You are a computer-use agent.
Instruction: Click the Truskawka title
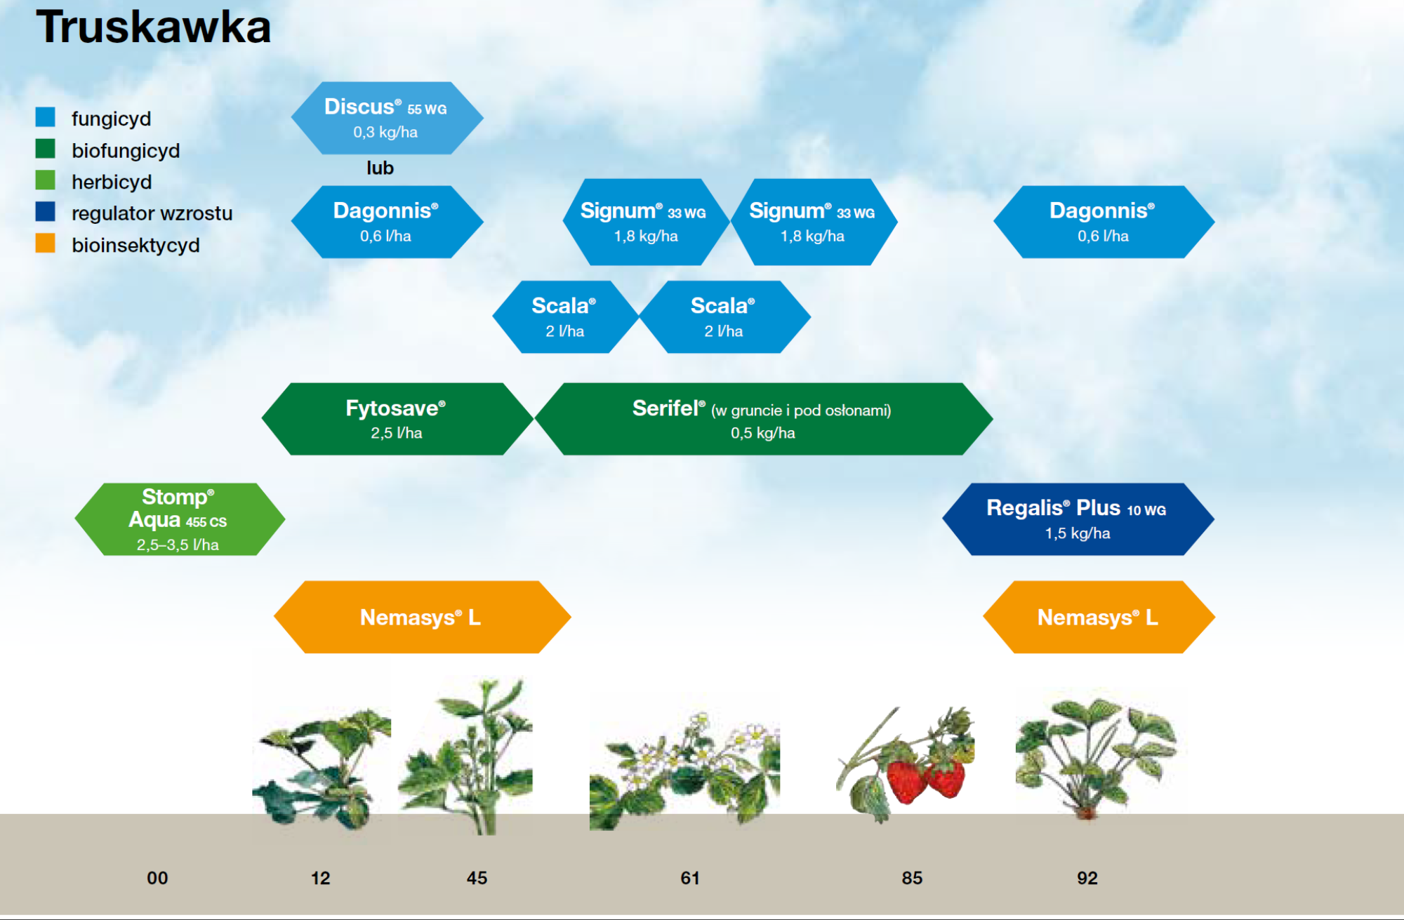click(x=153, y=27)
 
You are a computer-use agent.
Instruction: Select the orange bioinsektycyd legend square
click(x=46, y=243)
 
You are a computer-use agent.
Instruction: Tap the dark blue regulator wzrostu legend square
click(x=46, y=211)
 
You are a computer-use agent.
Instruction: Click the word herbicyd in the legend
click(x=112, y=182)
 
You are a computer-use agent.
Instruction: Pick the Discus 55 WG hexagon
click(x=387, y=118)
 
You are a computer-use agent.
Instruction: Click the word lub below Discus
click(x=380, y=168)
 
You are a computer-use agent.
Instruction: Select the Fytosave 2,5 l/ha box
click(x=397, y=419)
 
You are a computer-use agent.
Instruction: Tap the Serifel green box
click(x=764, y=419)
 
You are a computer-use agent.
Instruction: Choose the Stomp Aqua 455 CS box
click(x=180, y=519)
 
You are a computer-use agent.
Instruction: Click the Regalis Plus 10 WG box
click(x=1078, y=519)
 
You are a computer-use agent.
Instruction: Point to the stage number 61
click(x=690, y=878)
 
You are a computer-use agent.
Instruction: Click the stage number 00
click(x=157, y=878)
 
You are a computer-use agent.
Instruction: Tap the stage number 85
click(x=912, y=878)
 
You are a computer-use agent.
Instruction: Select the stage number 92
click(x=1087, y=878)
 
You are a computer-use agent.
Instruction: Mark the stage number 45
click(x=477, y=878)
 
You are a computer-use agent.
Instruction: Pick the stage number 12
click(x=320, y=878)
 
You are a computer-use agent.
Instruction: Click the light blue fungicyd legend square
click(x=46, y=116)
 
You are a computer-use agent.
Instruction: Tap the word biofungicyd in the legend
click(x=126, y=150)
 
